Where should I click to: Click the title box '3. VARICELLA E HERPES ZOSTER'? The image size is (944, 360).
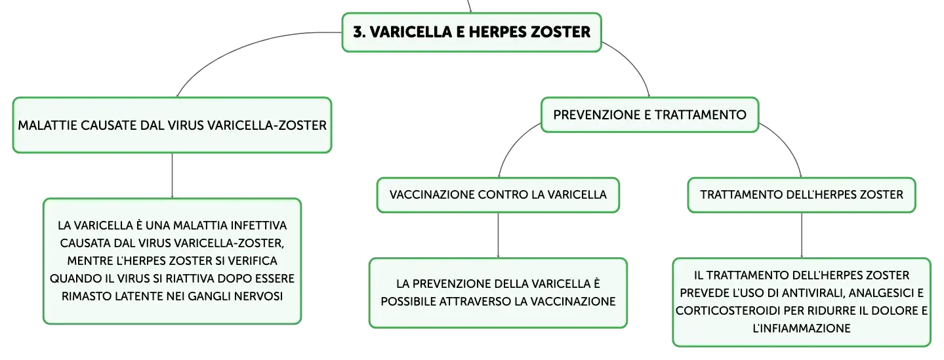pos(472,32)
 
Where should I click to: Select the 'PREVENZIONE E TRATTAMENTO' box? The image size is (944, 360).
pos(650,115)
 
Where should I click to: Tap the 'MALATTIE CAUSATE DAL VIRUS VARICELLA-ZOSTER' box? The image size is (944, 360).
pos(172,125)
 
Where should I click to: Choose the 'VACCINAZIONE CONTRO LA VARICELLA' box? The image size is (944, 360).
pos(498,195)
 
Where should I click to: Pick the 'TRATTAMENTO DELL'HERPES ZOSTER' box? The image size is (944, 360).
pos(802,195)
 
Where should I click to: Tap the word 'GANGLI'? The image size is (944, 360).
pos(209,296)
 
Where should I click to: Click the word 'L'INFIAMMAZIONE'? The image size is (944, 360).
pos(802,329)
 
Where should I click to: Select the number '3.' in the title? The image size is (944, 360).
pos(359,32)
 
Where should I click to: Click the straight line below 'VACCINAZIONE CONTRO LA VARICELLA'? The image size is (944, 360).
pos(498,235)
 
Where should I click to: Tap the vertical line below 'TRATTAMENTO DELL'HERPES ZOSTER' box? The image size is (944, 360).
pos(802,235)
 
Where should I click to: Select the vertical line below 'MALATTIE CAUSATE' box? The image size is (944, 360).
pos(172,176)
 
